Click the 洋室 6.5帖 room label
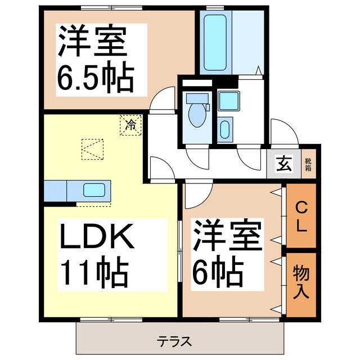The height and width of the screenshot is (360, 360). (94, 59)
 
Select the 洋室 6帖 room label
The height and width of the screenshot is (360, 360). (227, 253)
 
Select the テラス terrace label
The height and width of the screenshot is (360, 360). (174, 341)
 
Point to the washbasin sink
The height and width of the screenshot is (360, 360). (224, 129)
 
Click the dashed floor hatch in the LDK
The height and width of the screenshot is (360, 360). (92, 150)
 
